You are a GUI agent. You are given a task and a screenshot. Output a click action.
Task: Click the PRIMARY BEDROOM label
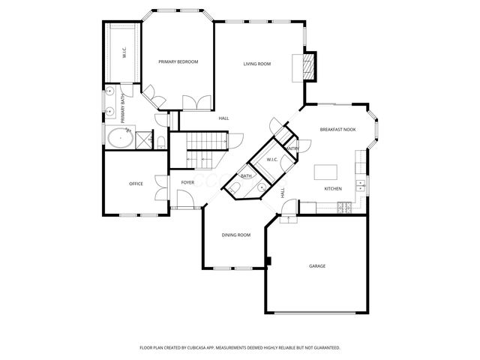[178, 61]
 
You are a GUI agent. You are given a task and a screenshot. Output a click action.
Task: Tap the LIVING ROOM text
[256, 64]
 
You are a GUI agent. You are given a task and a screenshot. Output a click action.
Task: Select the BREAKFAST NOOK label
[337, 130]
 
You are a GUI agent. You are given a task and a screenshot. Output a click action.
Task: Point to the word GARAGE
[317, 266]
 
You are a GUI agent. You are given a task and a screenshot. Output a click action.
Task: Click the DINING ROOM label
[235, 235]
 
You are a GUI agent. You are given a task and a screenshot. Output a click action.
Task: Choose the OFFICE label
[136, 184]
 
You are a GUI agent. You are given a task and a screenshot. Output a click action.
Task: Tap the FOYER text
[187, 182]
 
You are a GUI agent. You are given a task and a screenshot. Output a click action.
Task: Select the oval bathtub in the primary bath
[118, 139]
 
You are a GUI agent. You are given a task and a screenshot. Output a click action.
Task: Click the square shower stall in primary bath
[142, 139]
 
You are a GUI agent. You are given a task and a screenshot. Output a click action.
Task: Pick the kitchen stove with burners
[346, 208]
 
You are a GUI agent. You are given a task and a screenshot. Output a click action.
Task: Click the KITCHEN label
[333, 188]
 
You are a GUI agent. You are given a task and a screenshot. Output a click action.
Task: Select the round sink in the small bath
[262, 187]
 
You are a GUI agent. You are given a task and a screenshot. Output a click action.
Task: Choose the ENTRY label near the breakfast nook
[293, 148]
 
